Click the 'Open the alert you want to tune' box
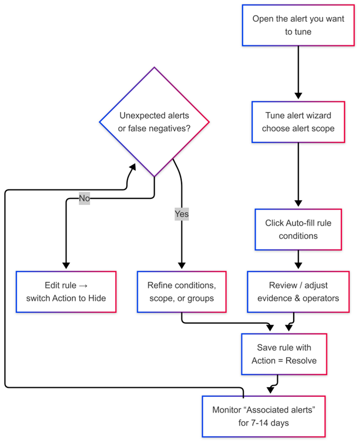[x=298, y=25]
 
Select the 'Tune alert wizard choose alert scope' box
[x=298, y=122]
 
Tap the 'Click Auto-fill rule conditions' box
[x=298, y=229]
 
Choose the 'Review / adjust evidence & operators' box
[x=298, y=292]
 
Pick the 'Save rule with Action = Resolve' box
[x=284, y=354]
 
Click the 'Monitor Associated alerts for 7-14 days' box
[x=263, y=416]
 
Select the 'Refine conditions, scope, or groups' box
[x=182, y=292]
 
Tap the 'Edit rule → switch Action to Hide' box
[x=66, y=292]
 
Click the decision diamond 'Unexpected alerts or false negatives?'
[x=155, y=122]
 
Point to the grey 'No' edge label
[x=84, y=198]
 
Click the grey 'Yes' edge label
[x=182, y=214]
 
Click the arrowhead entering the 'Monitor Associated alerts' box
[x=270, y=390]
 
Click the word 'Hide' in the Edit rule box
[x=96, y=298]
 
